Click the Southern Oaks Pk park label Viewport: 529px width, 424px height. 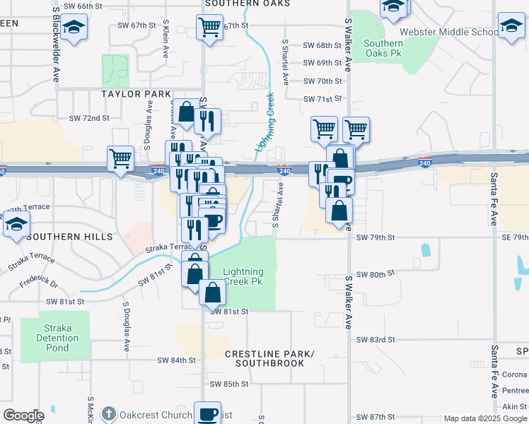click(383, 48)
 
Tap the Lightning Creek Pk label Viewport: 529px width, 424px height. click(243, 276)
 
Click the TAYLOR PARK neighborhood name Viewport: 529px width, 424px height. click(136, 94)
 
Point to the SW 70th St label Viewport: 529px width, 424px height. click(322, 81)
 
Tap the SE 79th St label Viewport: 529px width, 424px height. click(511, 237)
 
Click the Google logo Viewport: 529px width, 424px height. click(23, 416)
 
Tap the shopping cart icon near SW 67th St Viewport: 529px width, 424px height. click(210, 27)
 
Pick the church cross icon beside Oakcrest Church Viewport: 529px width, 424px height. click(108, 414)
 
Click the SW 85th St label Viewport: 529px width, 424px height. click(229, 384)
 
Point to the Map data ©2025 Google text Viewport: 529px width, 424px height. click(484, 418)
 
